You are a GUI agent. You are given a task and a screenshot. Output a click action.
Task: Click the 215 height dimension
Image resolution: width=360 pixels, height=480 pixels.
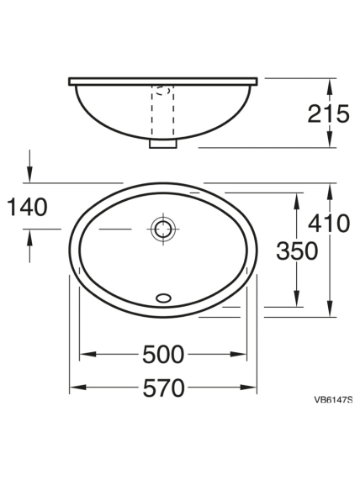coord(328,113)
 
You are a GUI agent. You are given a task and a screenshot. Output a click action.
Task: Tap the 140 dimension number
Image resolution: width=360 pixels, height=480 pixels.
coord(27,208)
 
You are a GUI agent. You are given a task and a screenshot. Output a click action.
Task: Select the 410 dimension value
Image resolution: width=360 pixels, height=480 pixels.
coord(329,223)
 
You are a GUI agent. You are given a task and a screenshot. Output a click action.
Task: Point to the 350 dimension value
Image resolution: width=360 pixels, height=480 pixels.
coord(297,251)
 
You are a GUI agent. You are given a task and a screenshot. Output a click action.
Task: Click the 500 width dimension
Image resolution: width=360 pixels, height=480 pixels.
coord(163,355)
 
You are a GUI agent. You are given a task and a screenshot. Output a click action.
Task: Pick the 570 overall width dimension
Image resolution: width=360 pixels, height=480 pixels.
coord(164,388)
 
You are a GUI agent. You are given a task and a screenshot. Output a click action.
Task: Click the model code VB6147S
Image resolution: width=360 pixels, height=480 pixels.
coord(333,399)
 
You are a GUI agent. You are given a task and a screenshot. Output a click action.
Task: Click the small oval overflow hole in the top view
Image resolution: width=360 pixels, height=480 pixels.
coord(163,298)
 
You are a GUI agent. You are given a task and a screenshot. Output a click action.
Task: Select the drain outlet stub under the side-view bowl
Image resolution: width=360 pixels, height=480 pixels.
coord(163,144)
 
